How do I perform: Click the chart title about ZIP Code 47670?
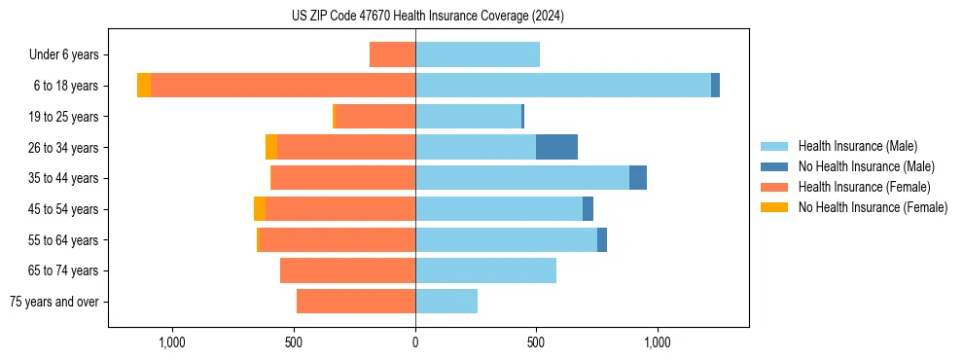coord(427,16)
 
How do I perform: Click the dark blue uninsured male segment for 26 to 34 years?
coord(556,147)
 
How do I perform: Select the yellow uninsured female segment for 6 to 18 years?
coord(144,86)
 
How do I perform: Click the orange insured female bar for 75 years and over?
coord(356,302)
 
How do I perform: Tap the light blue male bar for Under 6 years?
coord(477,54)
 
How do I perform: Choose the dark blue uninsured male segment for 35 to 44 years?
coord(638,178)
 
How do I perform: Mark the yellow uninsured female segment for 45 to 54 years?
coord(260,209)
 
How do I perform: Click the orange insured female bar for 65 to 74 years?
coord(347,270)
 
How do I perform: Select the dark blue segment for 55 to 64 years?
coord(602,239)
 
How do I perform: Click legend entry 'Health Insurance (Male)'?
coord(857,146)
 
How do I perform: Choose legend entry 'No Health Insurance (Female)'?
coord(873,207)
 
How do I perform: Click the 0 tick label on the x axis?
coord(415,342)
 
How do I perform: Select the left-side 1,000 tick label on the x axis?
coord(171,342)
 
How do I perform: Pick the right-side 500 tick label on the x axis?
coord(536,342)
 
